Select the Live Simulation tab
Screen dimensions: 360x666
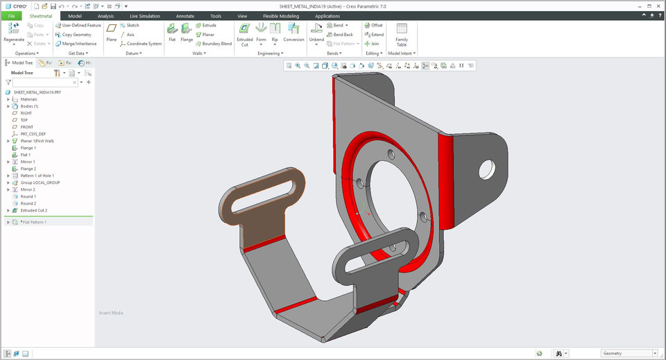(x=144, y=15)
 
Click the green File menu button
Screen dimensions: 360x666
(x=12, y=15)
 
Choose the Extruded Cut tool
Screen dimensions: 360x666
(x=245, y=33)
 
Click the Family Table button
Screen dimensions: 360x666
(x=402, y=33)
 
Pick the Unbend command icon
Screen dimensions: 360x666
(x=316, y=33)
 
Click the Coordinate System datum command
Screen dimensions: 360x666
(x=144, y=44)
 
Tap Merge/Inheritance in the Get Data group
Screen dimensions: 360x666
(x=78, y=44)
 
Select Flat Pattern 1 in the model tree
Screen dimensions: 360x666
(x=34, y=222)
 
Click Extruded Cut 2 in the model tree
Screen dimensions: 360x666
(x=34, y=210)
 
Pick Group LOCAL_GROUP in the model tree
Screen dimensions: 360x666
(x=40, y=182)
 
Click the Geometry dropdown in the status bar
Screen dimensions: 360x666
(x=628, y=353)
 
